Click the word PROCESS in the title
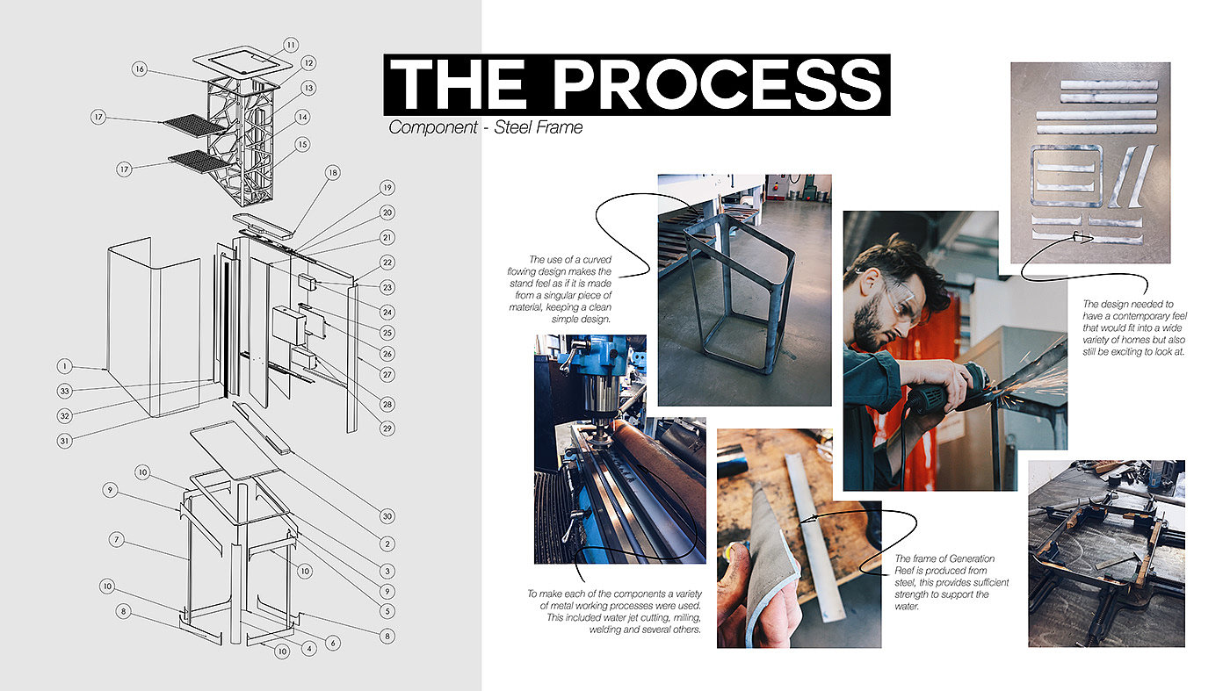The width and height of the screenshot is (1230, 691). pos(717,84)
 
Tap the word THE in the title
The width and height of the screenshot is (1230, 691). pos(459,84)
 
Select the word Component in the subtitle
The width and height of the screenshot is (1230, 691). pos(432,127)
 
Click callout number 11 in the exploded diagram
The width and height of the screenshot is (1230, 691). pos(291,45)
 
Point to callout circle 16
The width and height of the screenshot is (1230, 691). pos(140,69)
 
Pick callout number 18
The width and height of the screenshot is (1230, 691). pos(333,173)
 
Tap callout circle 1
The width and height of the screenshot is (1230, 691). pos(65,366)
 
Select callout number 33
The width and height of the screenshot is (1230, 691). pos(65,392)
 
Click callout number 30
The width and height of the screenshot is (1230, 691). pos(387,516)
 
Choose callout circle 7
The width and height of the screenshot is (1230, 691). pos(116,539)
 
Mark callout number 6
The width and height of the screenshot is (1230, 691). pos(333,644)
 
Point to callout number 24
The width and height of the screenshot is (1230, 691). pos(387,313)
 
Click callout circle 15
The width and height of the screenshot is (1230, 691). pos(302,144)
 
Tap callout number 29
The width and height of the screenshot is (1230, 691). pos(387,428)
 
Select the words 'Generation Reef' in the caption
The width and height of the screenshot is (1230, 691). pos(944,565)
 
